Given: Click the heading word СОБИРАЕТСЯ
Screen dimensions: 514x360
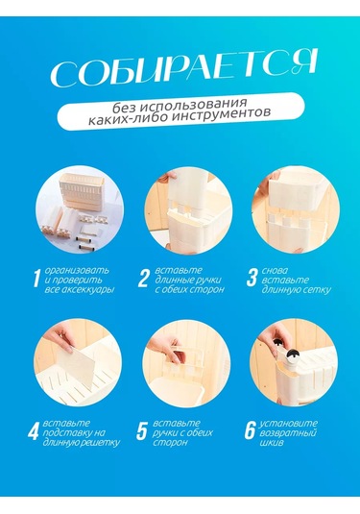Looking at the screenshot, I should [x=181, y=71].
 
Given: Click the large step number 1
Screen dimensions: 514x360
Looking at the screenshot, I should [x=37, y=280].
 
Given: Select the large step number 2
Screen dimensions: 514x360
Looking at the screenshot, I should [x=143, y=280].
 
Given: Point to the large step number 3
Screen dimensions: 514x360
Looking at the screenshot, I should [x=252, y=280].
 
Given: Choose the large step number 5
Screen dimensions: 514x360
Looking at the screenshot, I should [x=143, y=431].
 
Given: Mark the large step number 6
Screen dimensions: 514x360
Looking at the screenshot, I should [x=252, y=431].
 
